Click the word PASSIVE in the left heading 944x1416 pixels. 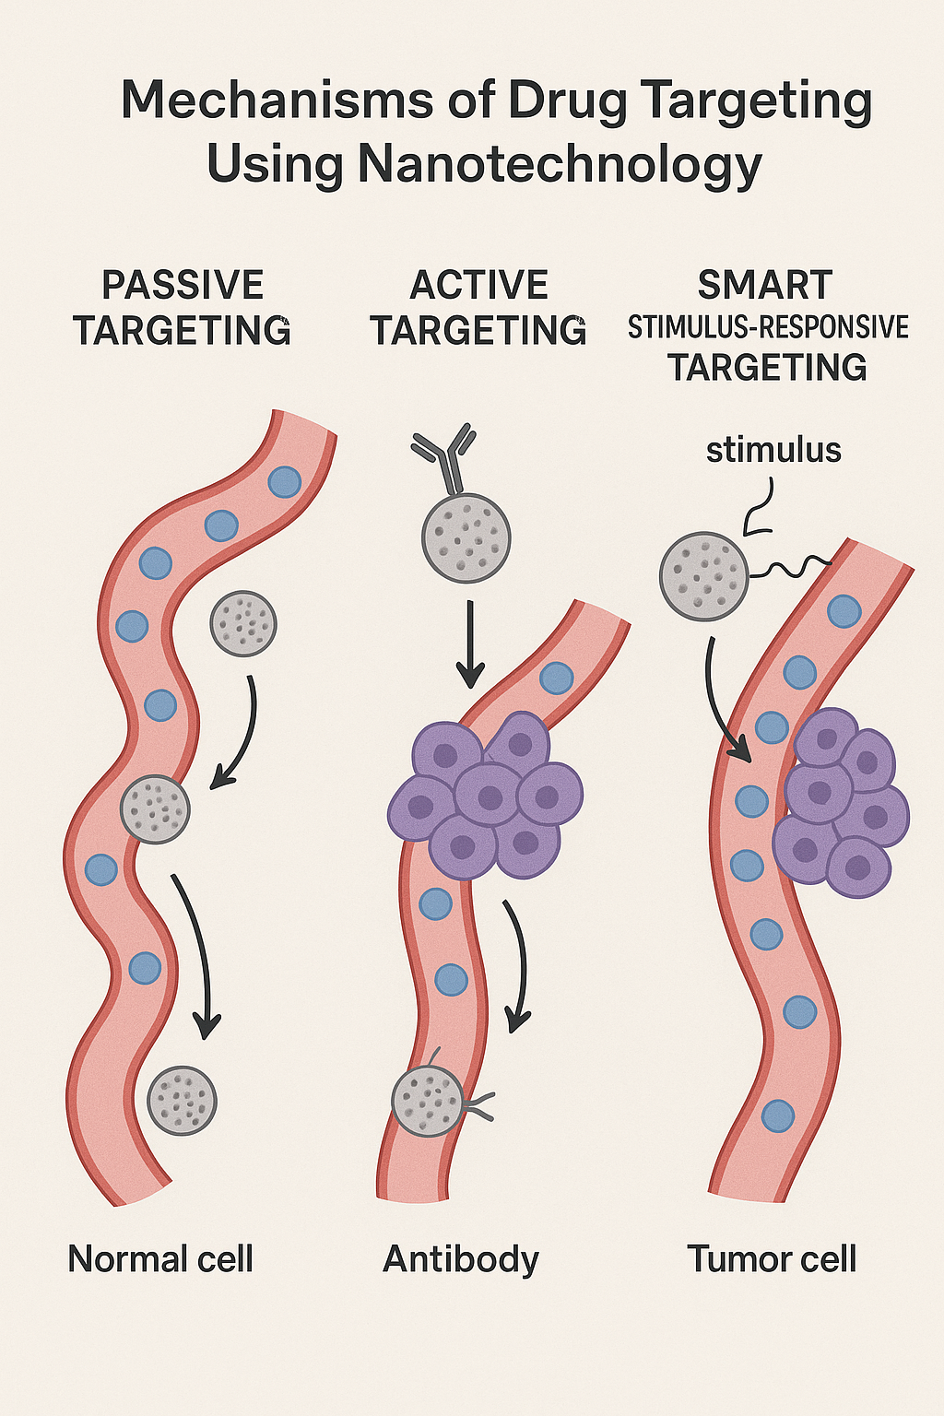(183, 285)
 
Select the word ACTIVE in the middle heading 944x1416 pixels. (478, 285)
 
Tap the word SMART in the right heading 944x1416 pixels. (765, 285)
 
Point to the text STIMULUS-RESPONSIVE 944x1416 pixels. (768, 327)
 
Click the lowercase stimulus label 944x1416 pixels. (773, 450)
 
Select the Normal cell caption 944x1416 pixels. (160, 1258)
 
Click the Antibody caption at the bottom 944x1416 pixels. (461, 1258)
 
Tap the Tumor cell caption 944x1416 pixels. (772, 1258)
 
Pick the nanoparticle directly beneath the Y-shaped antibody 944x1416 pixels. (466, 538)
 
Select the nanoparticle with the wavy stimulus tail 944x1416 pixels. (704, 576)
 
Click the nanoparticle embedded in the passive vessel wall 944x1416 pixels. (155, 809)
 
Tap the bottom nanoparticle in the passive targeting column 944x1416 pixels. (183, 1100)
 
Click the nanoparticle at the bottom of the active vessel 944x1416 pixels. (427, 1102)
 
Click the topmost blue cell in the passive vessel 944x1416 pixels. (285, 481)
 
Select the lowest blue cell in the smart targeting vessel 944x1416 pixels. (778, 1115)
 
